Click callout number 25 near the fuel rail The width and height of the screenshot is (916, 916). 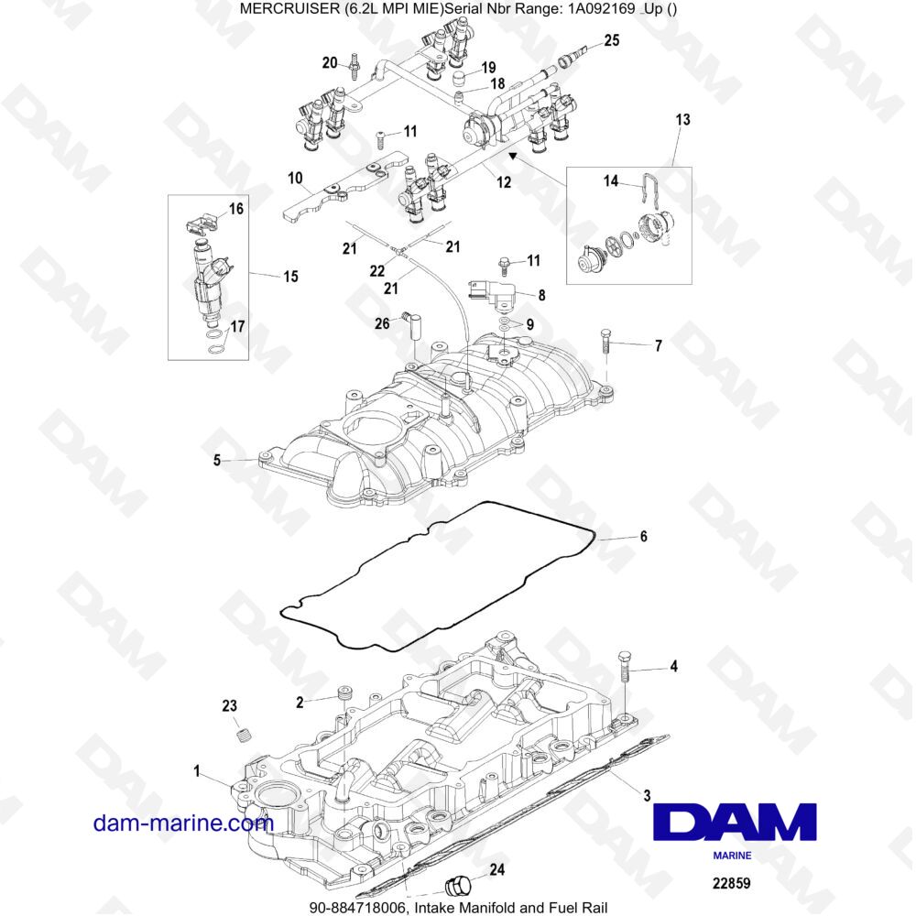611,40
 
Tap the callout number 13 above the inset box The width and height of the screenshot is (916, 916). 682,120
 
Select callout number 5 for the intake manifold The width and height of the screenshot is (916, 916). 217,461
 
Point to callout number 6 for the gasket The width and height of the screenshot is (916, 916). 643,536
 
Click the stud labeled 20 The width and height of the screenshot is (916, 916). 354,65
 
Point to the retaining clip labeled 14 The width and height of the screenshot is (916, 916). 651,190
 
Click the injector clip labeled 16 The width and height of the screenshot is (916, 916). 201,224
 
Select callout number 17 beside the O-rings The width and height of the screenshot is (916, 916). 237,326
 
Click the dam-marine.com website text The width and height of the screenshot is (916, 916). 183,823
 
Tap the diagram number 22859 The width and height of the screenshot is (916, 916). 731,883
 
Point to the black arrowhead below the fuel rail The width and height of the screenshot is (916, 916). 512,156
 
